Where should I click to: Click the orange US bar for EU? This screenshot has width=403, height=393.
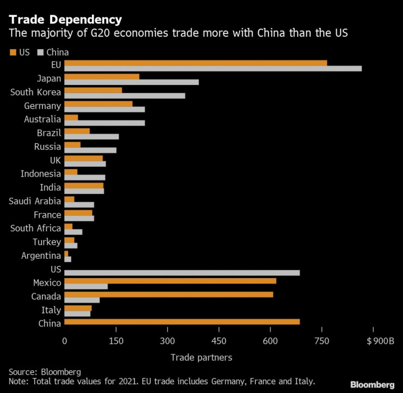coord(196,63)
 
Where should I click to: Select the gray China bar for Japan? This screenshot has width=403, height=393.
coord(131,82)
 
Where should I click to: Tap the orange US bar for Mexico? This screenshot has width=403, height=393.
coord(170,281)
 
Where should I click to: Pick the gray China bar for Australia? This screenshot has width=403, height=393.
coord(104,123)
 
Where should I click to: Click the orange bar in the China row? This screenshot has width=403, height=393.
coord(182,322)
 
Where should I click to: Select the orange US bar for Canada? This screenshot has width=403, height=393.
coord(168,294)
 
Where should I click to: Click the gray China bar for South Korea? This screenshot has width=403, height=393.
coord(125,96)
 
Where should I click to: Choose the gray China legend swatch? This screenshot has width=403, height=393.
coord(41,53)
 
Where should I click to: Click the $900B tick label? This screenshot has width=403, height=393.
coord(380,342)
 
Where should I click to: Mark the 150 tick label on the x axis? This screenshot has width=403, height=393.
coord(115,342)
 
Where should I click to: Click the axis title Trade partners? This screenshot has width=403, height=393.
coord(201,358)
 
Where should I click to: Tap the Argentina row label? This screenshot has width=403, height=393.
coord(41,256)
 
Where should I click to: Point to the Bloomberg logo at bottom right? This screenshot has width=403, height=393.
coord(373,385)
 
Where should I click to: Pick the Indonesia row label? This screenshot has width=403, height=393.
coord(40,174)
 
